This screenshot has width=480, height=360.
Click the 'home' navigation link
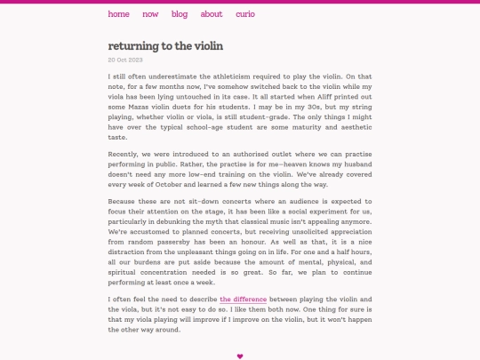tap(118, 14)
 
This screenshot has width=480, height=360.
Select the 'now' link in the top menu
tap(150, 14)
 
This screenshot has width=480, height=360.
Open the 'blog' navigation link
tap(180, 14)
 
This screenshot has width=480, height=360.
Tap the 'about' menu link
tap(212, 14)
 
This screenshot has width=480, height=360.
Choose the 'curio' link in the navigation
tap(245, 14)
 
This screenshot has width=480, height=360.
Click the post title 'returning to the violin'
tap(165, 45)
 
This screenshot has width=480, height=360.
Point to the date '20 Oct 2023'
tap(126, 60)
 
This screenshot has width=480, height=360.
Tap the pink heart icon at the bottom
tap(240, 356)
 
